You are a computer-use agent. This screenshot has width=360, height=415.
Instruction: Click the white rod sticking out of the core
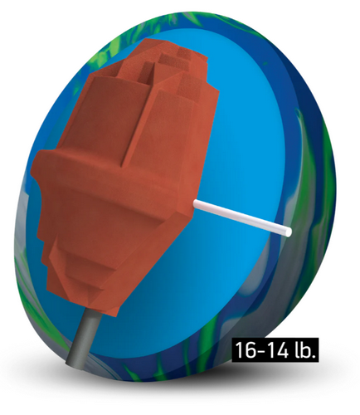pos(241,217)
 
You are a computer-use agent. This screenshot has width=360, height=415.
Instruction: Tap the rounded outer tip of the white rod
pos(289,232)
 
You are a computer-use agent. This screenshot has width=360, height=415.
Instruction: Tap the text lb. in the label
pos(304,349)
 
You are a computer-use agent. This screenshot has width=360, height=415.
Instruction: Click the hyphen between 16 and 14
pos(259,350)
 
